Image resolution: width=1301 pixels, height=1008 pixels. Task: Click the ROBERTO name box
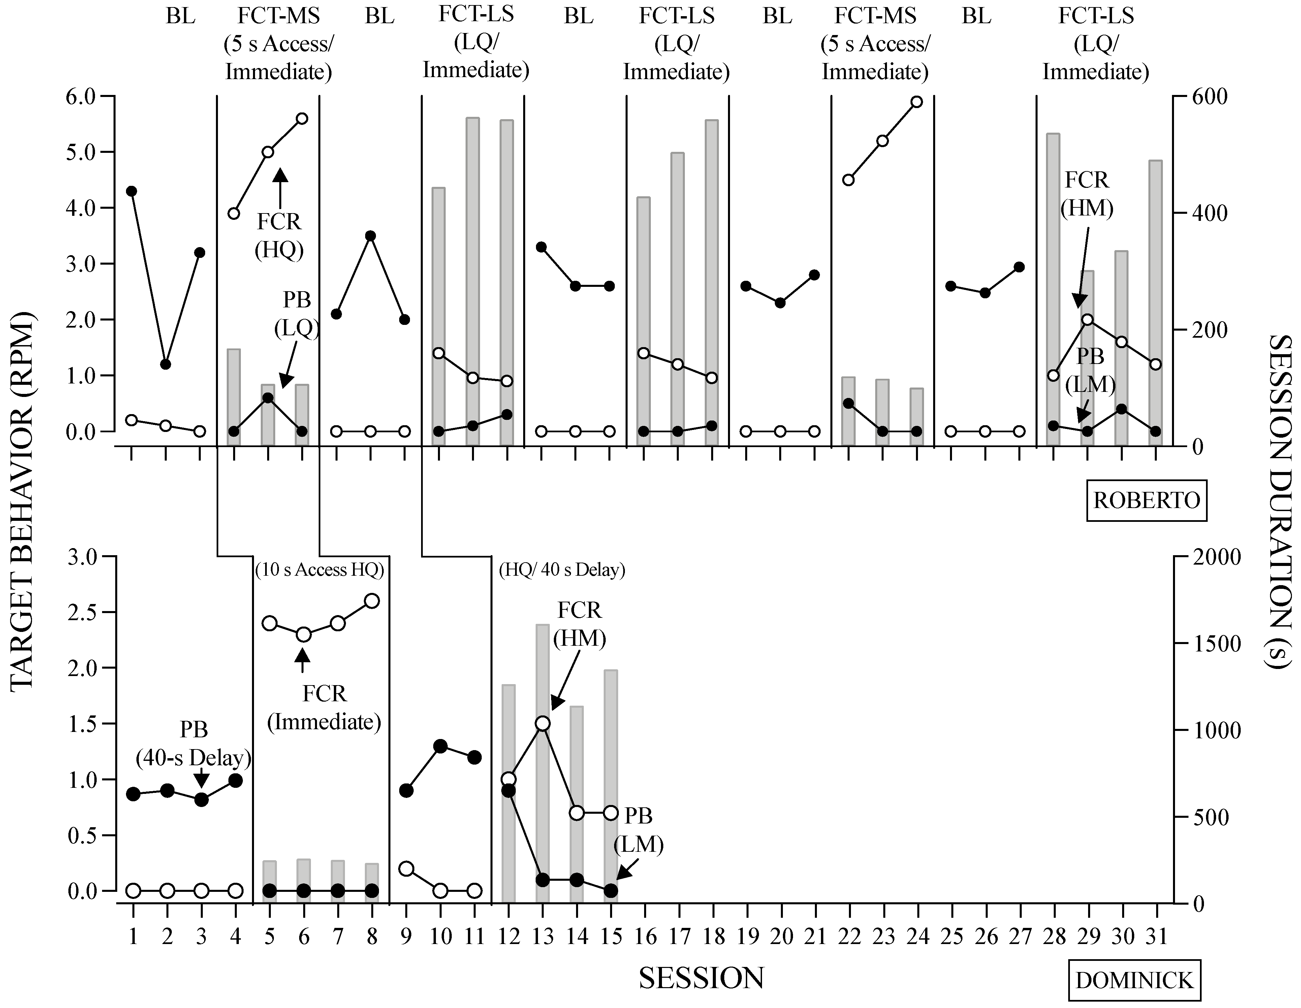pyautogui.click(x=1146, y=500)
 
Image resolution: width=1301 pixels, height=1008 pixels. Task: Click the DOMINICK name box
pyautogui.click(x=1134, y=979)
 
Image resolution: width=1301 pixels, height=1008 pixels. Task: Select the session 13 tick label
pyautogui.click(x=543, y=937)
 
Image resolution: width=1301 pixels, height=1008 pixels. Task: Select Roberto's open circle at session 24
pyautogui.click(x=917, y=102)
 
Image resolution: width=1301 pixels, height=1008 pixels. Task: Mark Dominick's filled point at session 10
pyautogui.click(x=440, y=746)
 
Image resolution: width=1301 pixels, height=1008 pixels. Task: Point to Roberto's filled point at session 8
pyautogui.click(x=371, y=236)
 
